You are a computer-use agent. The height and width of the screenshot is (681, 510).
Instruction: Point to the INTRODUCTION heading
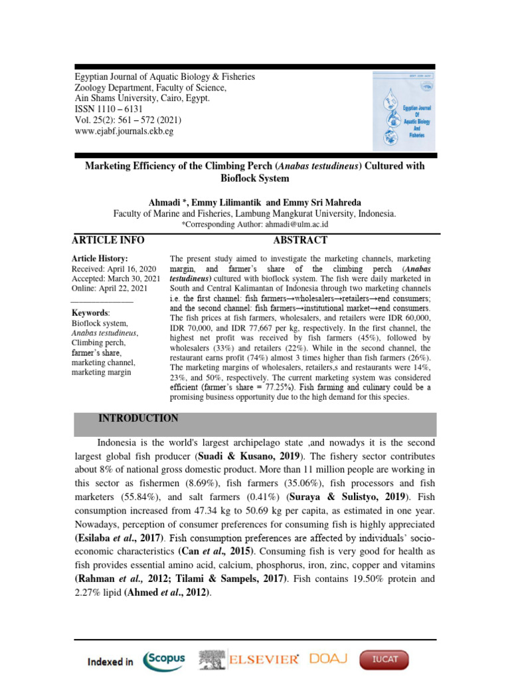(x=138, y=418)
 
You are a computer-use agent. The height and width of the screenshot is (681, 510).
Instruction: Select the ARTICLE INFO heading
(x=108, y=240)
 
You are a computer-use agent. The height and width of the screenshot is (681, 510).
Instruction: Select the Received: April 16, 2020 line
(x=114, y=268)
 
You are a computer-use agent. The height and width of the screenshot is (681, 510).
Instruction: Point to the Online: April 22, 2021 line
(x=110, y=288)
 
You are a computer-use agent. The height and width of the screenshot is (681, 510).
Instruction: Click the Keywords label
(x=90, y=313)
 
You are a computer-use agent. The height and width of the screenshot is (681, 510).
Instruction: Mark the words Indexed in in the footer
(x=110, y=662)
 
